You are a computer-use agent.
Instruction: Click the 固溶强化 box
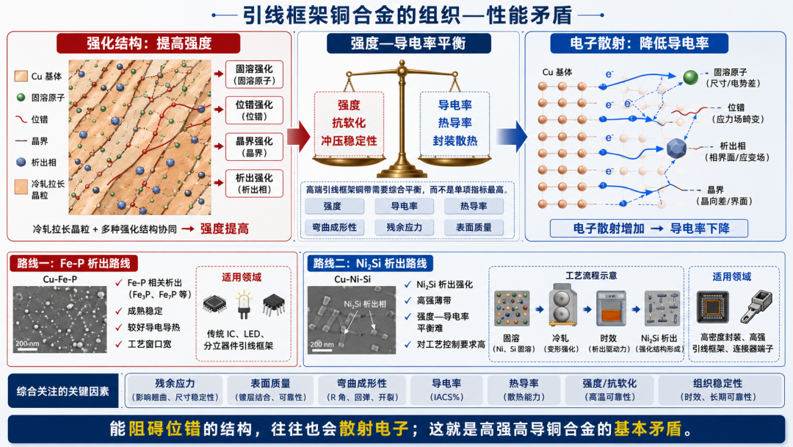254,74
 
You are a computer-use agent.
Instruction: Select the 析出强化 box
254,183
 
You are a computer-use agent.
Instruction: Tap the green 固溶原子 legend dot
21,97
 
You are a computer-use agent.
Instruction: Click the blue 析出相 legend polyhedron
21,162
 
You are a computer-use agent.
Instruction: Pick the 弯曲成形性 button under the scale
334,227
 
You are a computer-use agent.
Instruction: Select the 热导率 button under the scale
474,206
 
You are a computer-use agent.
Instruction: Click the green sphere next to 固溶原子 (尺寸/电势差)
690,77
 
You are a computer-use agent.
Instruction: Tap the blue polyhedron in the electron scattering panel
676,149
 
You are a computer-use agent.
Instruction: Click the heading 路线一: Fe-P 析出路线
74,263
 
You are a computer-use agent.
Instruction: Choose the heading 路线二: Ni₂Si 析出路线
370,263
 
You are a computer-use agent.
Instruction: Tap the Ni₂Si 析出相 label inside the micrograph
365,304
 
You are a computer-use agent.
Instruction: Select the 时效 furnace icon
611,308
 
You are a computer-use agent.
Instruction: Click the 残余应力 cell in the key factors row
175,390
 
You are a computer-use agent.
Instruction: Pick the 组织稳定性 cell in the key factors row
717,390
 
